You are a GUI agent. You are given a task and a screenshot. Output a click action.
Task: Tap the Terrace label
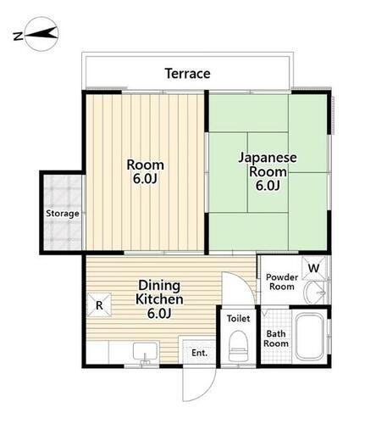pyautogui.click(x=187, y=74)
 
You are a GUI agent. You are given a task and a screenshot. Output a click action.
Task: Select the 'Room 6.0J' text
pyautogui.click(x=146, y=171)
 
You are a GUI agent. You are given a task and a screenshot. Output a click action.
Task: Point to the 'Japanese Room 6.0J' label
pyautogui.click(x=268, y=171)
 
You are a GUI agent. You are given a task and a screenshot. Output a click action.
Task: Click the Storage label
pyautogui.click(x=63, y=214)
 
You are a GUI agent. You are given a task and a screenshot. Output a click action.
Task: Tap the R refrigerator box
pyautogui.click(x=99, y=304)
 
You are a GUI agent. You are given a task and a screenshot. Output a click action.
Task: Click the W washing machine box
pyautogui.click(x=313, y=270)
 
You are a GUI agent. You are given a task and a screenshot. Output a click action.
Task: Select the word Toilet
pyautogui.click(x=237, y=320)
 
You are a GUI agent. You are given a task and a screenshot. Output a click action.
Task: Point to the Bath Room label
pyautogui.click(x=277, y=338)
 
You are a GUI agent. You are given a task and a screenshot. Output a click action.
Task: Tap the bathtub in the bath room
pyautogui.click(x=309, y=338)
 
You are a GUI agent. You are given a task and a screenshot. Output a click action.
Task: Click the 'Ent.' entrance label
pyautogui.click(x=199, y=352)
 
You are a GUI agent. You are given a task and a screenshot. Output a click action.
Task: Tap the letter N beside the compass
pyautogui.click(x=18, y=35)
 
